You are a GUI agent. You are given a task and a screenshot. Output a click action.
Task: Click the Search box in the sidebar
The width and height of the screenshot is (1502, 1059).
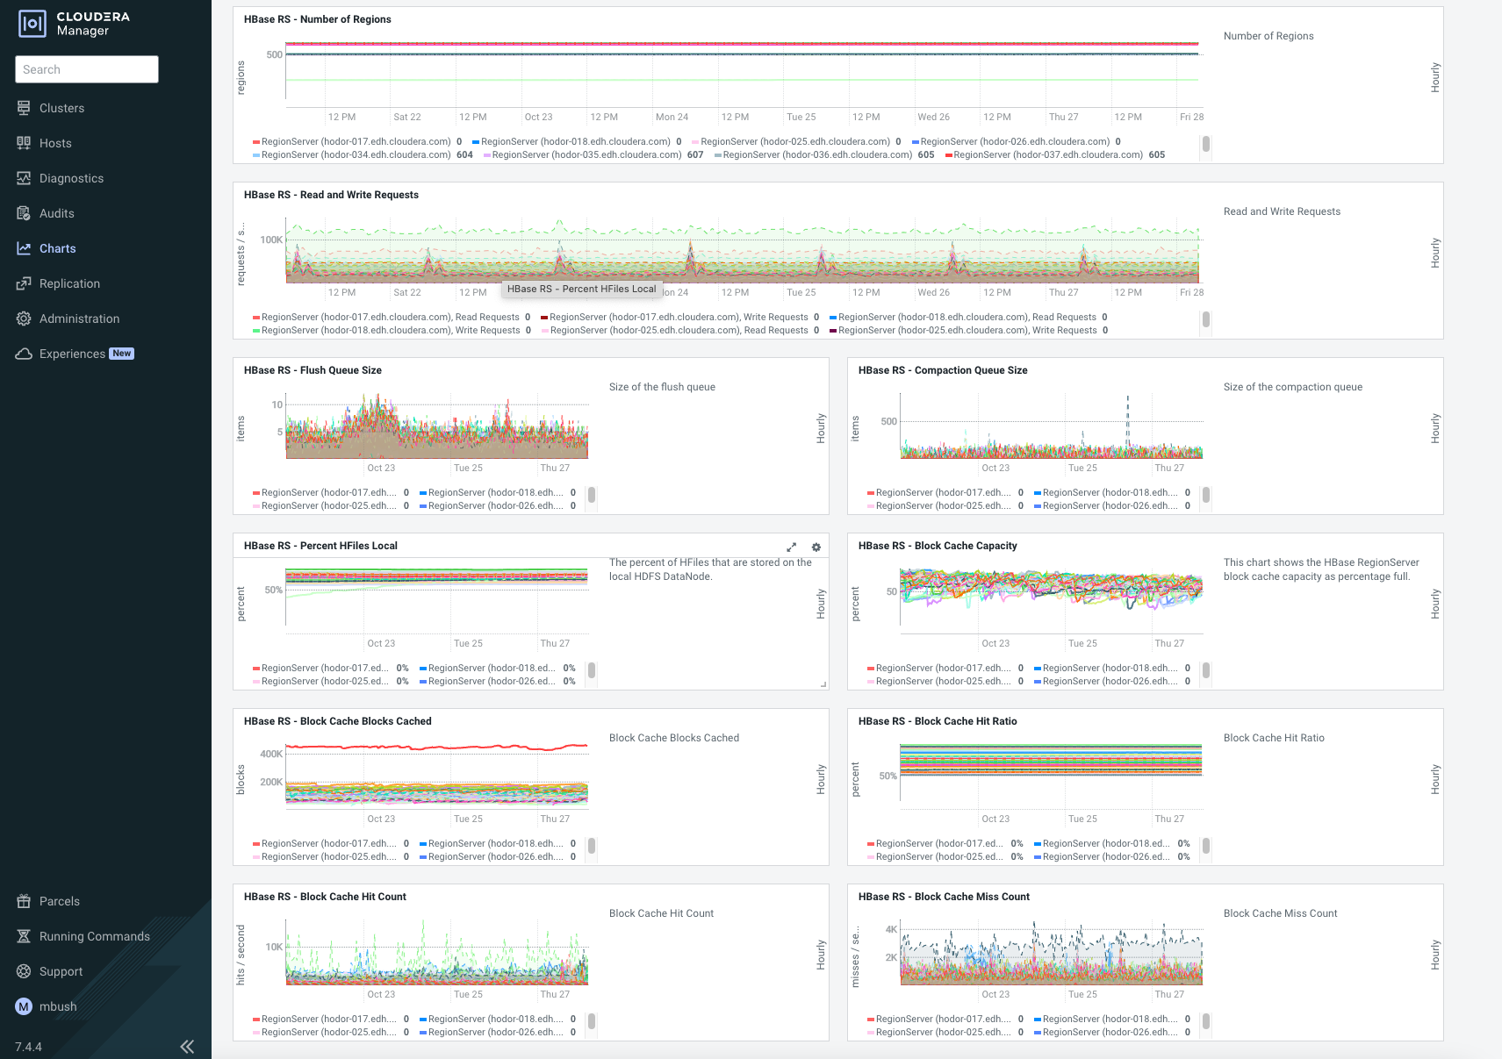click(x=86, y=69)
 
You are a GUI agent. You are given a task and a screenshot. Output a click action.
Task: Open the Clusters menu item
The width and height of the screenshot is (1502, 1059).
click(x=61, y=108)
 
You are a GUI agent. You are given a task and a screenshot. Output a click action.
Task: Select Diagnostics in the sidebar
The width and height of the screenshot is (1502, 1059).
click(x=71, y=178)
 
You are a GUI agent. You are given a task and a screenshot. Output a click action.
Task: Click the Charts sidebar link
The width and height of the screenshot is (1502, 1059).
click(x=57, y=248)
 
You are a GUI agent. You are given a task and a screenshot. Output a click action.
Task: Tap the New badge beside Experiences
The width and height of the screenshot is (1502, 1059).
click(x=122, y=354)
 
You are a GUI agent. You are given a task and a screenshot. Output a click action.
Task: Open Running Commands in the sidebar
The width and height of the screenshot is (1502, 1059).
click(x=94, y=936)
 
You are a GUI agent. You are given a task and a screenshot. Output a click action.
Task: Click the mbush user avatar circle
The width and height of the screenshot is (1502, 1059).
click(x=24, y=1006)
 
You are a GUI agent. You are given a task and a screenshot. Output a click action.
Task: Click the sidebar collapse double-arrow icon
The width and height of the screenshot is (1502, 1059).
click(x=187, y=1046)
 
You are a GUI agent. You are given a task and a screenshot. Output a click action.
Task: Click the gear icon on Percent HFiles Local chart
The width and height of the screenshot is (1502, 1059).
click(x=816, y=547)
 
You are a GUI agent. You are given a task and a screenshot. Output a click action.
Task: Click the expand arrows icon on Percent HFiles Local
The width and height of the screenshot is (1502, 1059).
click(x=791, y=547)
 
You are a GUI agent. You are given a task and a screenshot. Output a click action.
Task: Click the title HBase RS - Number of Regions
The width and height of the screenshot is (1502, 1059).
click(x=317, y=19)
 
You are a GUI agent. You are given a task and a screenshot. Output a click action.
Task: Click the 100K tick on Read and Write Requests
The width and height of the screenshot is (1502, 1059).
click(x=271, y=240)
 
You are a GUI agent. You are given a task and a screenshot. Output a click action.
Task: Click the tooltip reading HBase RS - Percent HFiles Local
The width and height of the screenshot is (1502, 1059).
click(x=581, y=289)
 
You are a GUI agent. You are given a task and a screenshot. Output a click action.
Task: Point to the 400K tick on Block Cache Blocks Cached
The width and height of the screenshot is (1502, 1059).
click(x=271, y=754)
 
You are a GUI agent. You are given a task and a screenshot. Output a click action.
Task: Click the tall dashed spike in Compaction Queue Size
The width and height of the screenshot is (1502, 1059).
click(x=1128, y=412)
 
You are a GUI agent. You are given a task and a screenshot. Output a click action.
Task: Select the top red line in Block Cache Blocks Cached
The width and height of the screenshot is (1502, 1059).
click(x=439, y=748)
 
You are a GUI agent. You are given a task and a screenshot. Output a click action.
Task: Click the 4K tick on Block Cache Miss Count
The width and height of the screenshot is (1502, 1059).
click(x=891, y=929)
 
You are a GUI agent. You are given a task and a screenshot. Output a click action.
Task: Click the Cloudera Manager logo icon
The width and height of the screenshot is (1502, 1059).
click(x=32, y=24)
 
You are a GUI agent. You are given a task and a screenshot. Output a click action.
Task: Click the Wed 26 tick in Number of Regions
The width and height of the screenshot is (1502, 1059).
click(x=933, y=117)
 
